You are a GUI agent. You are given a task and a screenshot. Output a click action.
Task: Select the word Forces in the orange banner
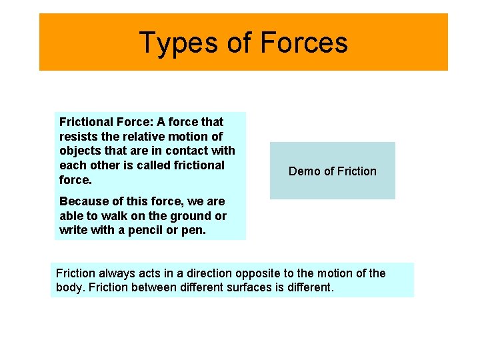[x=304, y=43]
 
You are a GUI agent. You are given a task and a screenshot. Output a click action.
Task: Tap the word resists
[x=77, y=136]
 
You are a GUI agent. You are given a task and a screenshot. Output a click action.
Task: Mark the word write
[x=73, y=230]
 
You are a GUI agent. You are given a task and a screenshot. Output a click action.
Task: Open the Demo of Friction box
[x=332, y=171]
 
